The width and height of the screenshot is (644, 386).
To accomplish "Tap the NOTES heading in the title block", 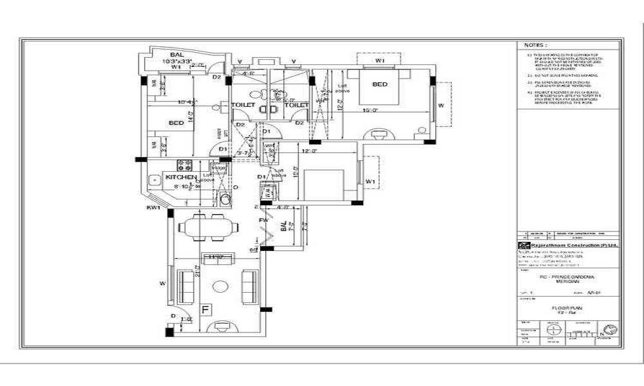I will point(535,46).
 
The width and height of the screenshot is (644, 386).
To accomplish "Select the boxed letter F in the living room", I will point(205,309).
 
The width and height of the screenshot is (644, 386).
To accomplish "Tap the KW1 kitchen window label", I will point(153,208).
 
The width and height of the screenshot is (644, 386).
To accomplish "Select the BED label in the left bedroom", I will point(176,123).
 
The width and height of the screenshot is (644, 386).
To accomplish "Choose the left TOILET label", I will point(243,105).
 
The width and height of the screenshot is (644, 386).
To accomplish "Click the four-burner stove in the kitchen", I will point(184,165).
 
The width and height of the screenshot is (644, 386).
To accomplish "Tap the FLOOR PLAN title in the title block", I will point(567,308).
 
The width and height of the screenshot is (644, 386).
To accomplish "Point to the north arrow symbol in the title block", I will point(611,329).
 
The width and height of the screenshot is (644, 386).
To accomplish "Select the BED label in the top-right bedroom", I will point(380,84).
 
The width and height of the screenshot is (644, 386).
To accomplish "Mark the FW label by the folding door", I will point(263,221).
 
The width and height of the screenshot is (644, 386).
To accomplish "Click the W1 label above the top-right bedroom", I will point(380,60).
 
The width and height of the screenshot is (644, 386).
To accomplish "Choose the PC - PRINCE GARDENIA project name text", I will point(567,277).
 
